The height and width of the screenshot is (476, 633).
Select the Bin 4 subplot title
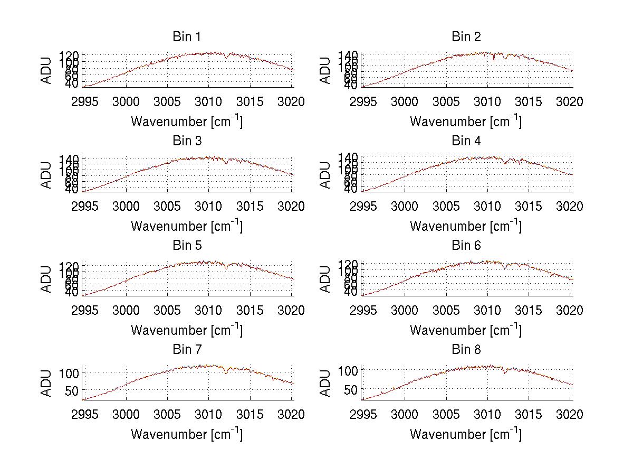click(466, 141)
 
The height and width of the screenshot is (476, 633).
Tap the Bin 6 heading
click(466, 246)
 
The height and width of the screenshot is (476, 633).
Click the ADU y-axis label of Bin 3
click(46, 174)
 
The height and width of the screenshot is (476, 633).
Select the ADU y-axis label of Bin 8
click(325, 383)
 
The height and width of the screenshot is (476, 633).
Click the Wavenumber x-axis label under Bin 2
click(466, 122)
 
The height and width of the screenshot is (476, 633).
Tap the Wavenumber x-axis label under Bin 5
click(187, 331)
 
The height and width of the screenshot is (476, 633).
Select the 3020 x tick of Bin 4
click(570, 206)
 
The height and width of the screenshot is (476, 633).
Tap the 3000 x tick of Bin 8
click(405, 415)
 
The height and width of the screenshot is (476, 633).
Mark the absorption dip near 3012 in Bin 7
click(226, 373)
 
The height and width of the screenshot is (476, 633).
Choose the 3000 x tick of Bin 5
click(126, 311)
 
